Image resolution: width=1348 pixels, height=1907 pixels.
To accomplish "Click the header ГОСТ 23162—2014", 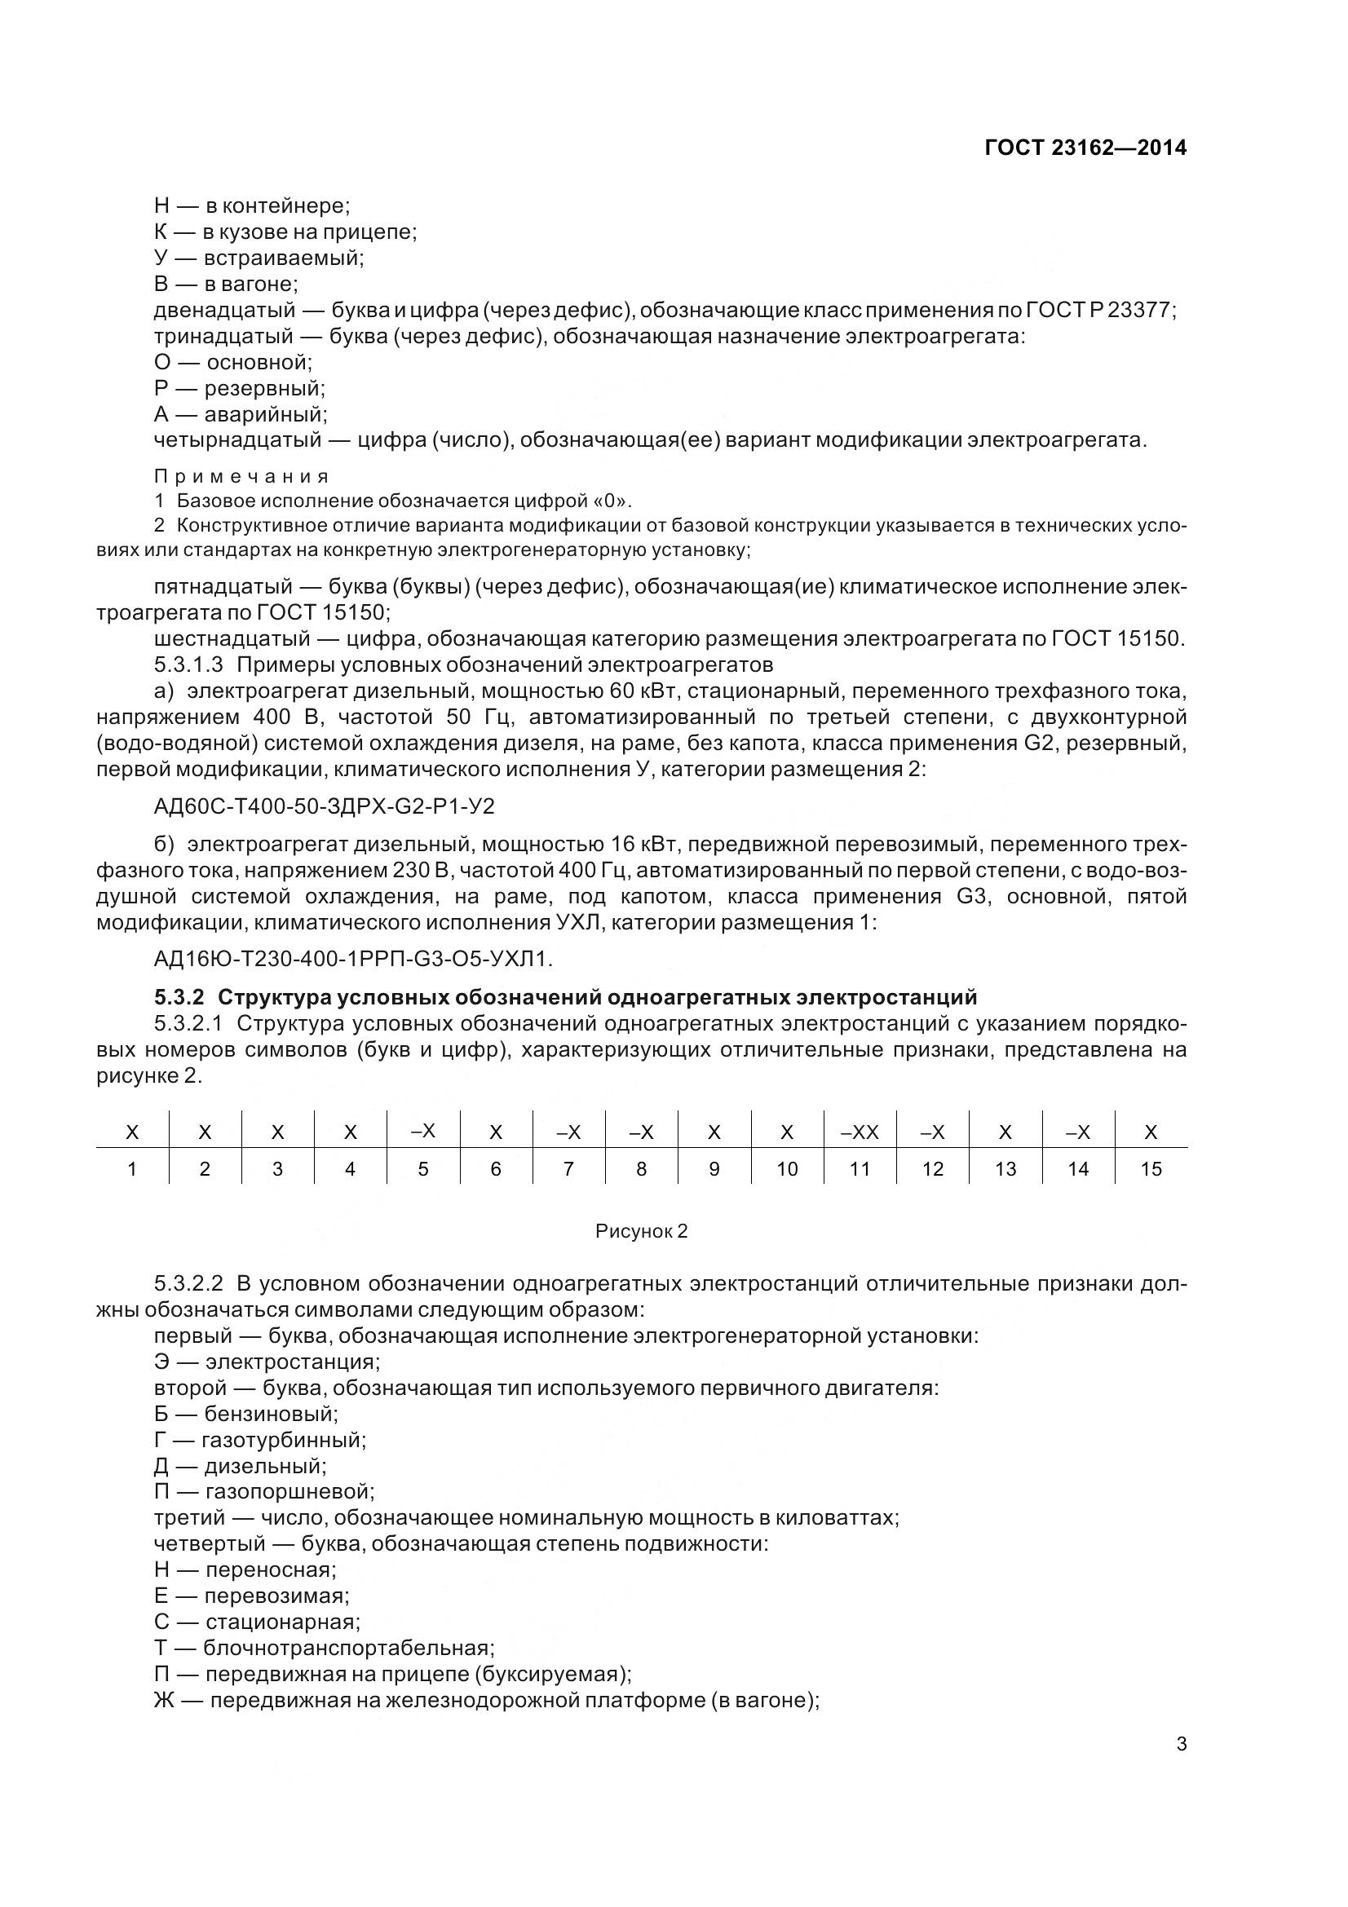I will [1085, 148].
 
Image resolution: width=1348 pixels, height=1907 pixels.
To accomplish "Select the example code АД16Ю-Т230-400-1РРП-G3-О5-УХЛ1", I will [353, 960].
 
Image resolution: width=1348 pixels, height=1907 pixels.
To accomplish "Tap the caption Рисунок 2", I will [641, 1231].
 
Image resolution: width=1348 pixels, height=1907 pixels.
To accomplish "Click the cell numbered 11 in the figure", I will [860, 1169].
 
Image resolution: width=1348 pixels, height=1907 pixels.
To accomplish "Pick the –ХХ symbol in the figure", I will [860, 1132].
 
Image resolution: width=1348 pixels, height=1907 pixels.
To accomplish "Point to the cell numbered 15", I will [1151, 1169].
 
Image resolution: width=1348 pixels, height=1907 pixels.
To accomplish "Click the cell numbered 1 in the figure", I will [132, 1169].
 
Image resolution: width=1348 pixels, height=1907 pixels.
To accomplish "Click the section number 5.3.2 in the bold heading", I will [179, 996].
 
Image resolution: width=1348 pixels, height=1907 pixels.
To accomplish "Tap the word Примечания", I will [241, 477].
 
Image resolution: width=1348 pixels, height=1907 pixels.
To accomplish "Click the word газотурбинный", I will [283, 1440].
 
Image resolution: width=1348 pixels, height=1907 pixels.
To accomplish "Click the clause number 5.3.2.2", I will [188, 1284].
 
